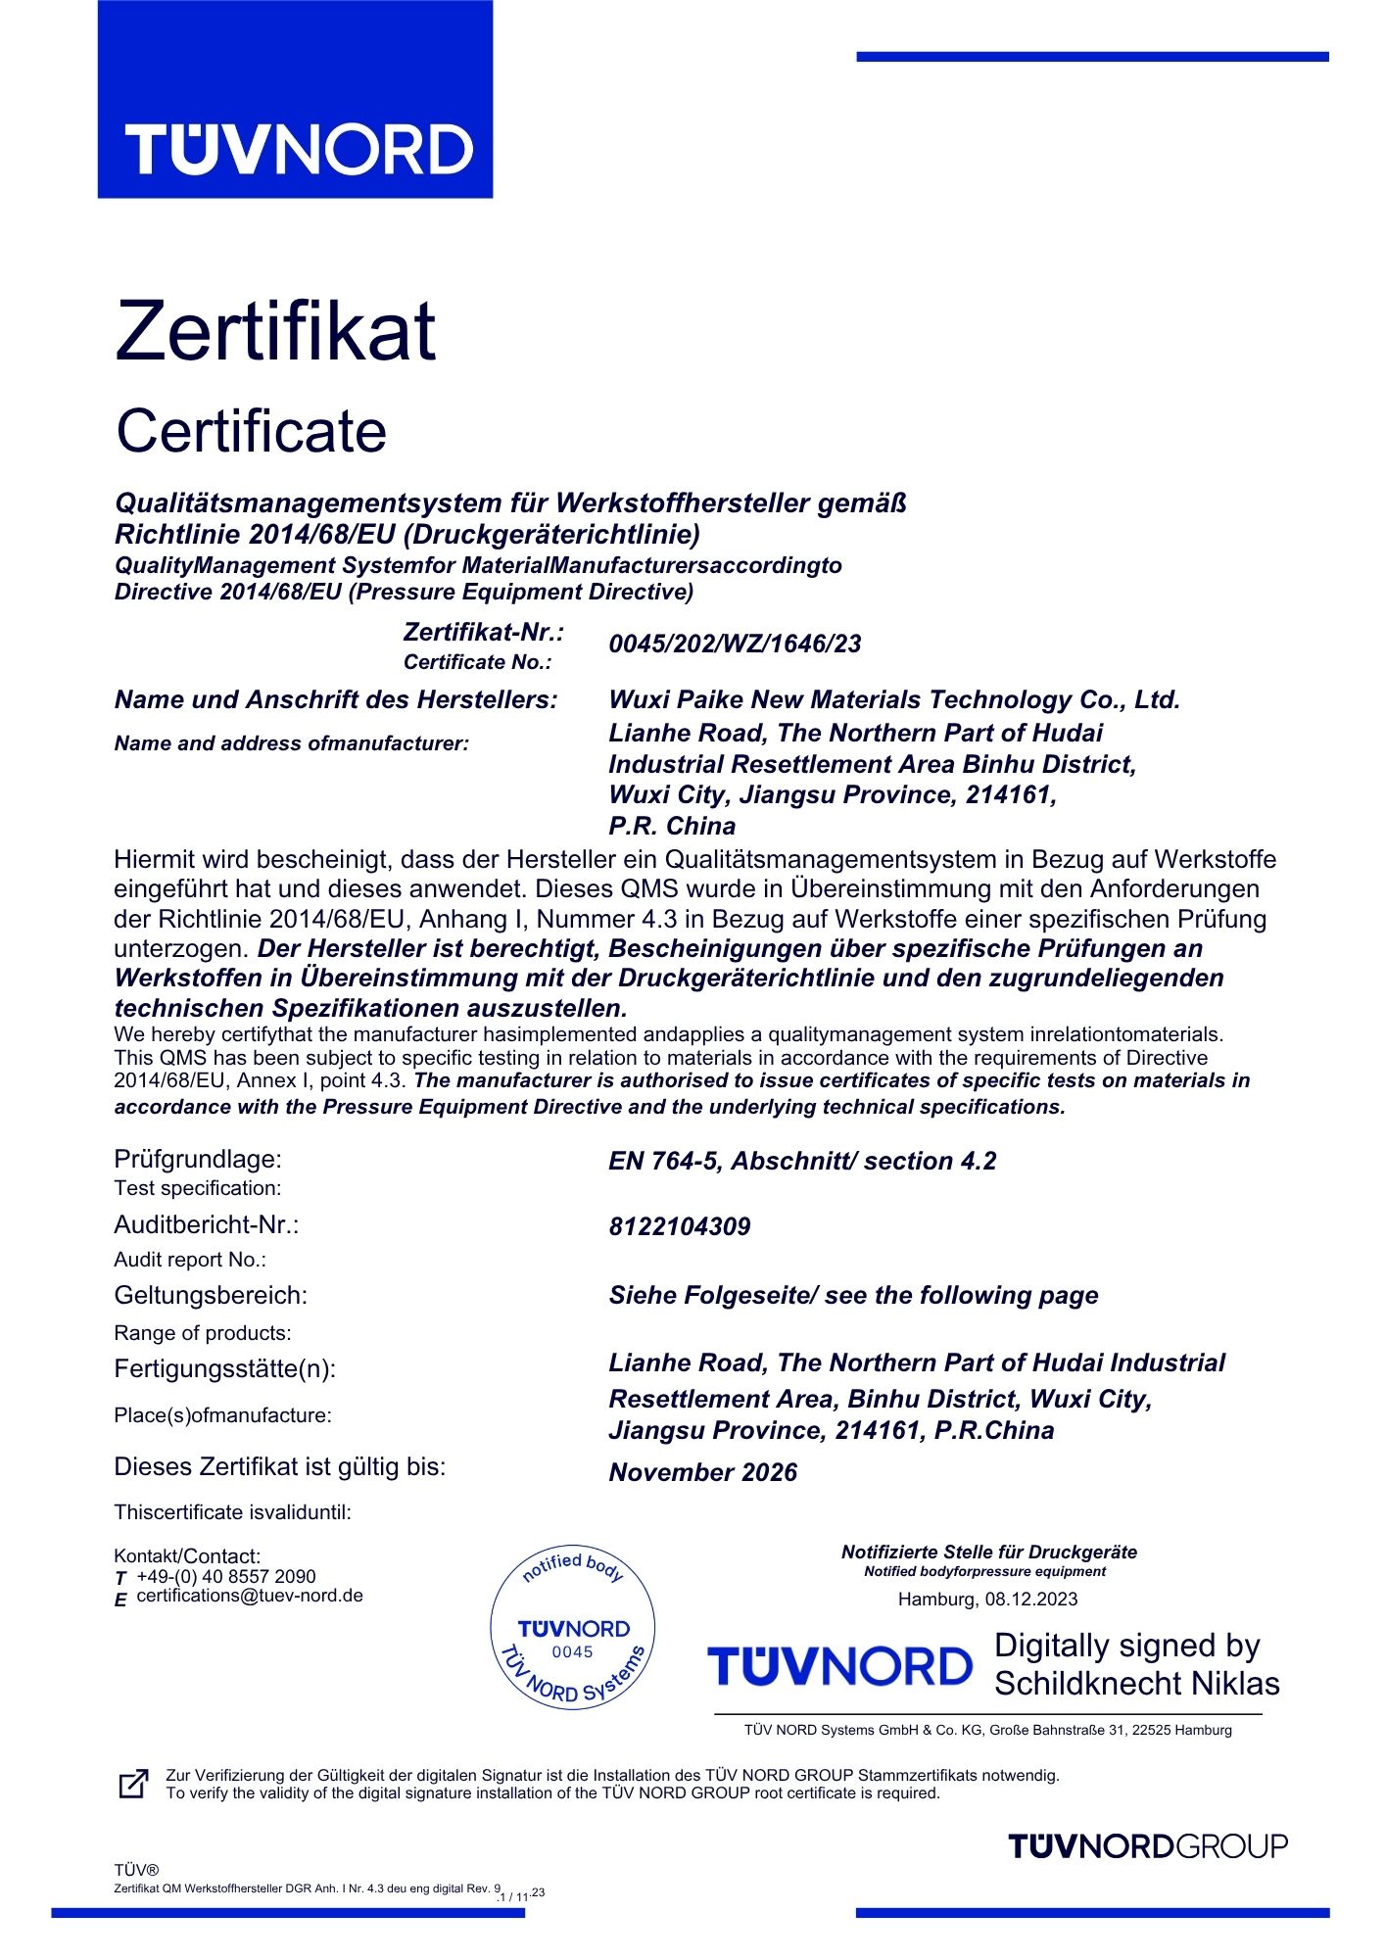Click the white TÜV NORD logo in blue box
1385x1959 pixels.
point(299,150)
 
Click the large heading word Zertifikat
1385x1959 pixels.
point(275,331)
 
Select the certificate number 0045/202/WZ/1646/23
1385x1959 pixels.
point(735,645)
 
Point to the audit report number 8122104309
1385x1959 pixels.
point(680,1227)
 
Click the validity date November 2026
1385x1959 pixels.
point(702,1473)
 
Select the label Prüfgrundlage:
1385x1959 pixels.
point(198,1160)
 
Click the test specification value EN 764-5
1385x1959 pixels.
point(801,1162)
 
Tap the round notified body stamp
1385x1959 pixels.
point(573,1632)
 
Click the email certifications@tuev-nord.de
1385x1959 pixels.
point(250,1596)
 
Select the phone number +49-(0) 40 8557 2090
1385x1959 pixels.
point(226,1577)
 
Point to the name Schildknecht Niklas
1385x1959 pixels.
point(1137,1684)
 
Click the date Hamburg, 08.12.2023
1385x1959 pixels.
point(987,1600)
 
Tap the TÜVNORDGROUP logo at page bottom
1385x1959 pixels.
point(1147,1846)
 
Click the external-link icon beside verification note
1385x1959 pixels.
point(133,1784)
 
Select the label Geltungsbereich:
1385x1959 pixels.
point(211,1296)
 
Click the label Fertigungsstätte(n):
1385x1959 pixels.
point(224,1369)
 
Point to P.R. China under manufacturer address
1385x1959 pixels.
point(672,827)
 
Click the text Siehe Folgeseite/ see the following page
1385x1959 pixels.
point(853,1296)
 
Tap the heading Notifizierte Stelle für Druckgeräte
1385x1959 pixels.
point(989,1553)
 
